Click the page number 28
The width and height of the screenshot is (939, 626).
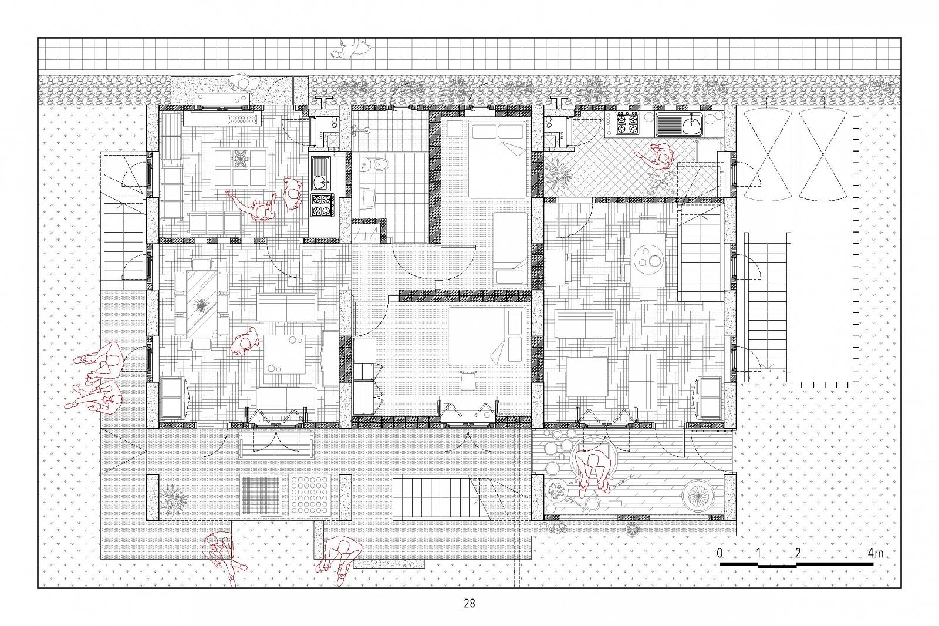point(469,603)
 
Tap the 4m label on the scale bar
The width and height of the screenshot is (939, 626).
point(875,553)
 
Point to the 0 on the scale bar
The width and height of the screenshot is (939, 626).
point(720,553)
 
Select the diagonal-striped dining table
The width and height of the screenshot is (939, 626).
point(202,304)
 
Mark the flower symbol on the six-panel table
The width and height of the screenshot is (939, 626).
point(241,160)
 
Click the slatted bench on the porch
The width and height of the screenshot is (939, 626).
point(276,446)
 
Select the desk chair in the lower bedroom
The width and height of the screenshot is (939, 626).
point(468,379)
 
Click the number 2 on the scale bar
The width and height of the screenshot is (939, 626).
point(798,553)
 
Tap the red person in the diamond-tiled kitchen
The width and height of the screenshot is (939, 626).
point(657,157)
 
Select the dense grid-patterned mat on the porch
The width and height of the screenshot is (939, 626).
point(261,496)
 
